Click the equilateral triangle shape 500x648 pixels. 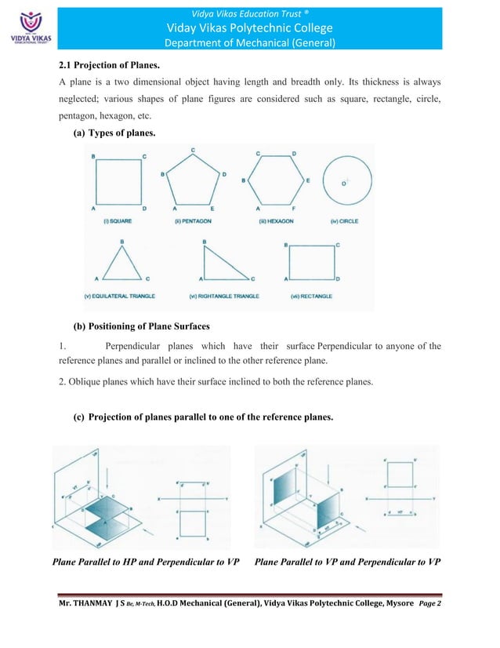click(x=121, y=264)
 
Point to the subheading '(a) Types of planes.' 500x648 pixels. click(x=114, y=134)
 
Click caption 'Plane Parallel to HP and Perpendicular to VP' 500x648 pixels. click(x=145, y=562)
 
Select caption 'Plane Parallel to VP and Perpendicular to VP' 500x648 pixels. click(x=348, y=562)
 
